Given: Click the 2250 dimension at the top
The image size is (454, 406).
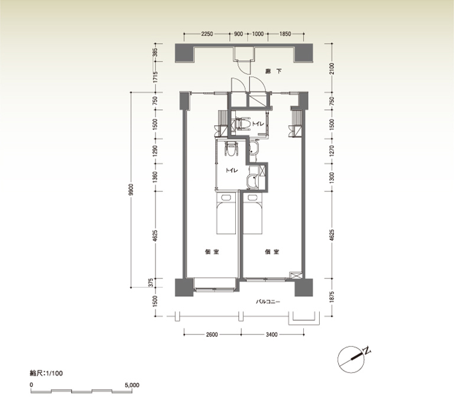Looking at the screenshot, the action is (x=207, y=34).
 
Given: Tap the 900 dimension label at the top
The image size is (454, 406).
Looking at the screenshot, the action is (x=238, y=34).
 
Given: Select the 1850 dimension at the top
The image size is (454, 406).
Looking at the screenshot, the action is (x=285, y=34).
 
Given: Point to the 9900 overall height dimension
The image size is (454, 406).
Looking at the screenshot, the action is (x=131, y=190).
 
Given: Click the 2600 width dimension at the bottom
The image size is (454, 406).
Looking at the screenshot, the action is (x=212, y=334).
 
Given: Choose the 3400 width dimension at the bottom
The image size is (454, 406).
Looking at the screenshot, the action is (x=271, y=334).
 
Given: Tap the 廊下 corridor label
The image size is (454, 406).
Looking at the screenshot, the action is (x=274, y=71).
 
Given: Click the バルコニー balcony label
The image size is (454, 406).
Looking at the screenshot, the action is (x=268, y=302).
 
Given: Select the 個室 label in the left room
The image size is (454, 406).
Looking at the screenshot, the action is (x=212, y=252).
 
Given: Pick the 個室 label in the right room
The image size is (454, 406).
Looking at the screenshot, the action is (x=272, y=252).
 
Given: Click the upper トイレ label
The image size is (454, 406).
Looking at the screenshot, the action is (x=258, y=124).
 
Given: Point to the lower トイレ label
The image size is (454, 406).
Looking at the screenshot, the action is (x=232, y=170).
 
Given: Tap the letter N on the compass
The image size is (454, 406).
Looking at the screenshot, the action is (x=367, y=350).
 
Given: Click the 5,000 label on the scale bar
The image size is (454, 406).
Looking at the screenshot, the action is (x=132, y=385).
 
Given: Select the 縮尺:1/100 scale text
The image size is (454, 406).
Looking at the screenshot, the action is (x=46, y=373).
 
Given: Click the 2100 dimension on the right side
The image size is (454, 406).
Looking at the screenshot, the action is (x=332, y=69).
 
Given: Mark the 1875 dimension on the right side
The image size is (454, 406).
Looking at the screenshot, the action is (x=332, y=297).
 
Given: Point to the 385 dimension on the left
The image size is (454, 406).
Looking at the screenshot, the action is (x=155, y=53).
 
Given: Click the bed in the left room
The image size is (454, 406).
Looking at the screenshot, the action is (x=226, y=213).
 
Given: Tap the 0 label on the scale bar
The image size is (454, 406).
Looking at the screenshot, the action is (x=31, y=385).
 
